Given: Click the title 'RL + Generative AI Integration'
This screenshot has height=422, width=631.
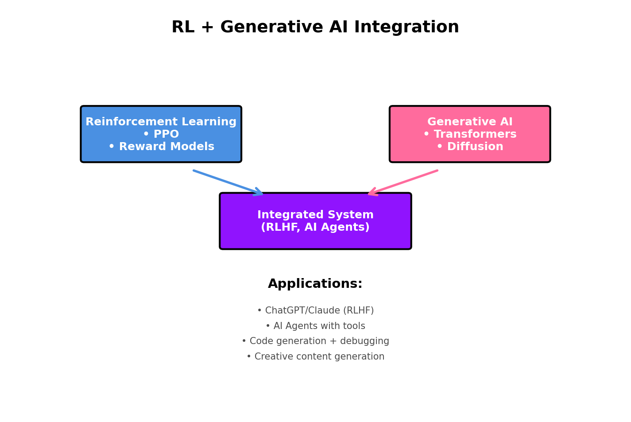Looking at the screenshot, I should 315,27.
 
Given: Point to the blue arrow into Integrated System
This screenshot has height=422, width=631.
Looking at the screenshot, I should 228,182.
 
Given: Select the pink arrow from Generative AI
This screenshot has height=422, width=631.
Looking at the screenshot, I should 403,182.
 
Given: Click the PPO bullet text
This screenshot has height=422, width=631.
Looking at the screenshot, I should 161,135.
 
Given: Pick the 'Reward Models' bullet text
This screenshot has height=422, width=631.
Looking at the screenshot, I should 161,147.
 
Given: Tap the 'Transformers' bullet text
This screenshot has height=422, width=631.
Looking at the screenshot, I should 470,135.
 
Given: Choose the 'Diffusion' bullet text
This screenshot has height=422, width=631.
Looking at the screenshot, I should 470,147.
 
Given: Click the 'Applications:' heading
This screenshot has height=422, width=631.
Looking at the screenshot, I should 315,284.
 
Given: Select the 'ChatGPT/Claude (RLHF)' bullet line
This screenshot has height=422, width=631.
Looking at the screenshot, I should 315,311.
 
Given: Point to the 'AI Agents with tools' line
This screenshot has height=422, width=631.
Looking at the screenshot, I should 315,326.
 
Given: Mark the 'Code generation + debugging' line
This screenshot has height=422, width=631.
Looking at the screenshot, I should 315,341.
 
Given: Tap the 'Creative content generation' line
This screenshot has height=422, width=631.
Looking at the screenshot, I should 315,357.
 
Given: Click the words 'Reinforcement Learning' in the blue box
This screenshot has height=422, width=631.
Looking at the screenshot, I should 161,122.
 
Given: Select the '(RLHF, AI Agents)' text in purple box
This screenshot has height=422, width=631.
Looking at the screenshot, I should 315,228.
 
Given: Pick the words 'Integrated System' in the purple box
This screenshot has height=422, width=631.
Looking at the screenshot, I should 315,215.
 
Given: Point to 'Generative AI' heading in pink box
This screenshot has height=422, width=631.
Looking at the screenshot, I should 470,122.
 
